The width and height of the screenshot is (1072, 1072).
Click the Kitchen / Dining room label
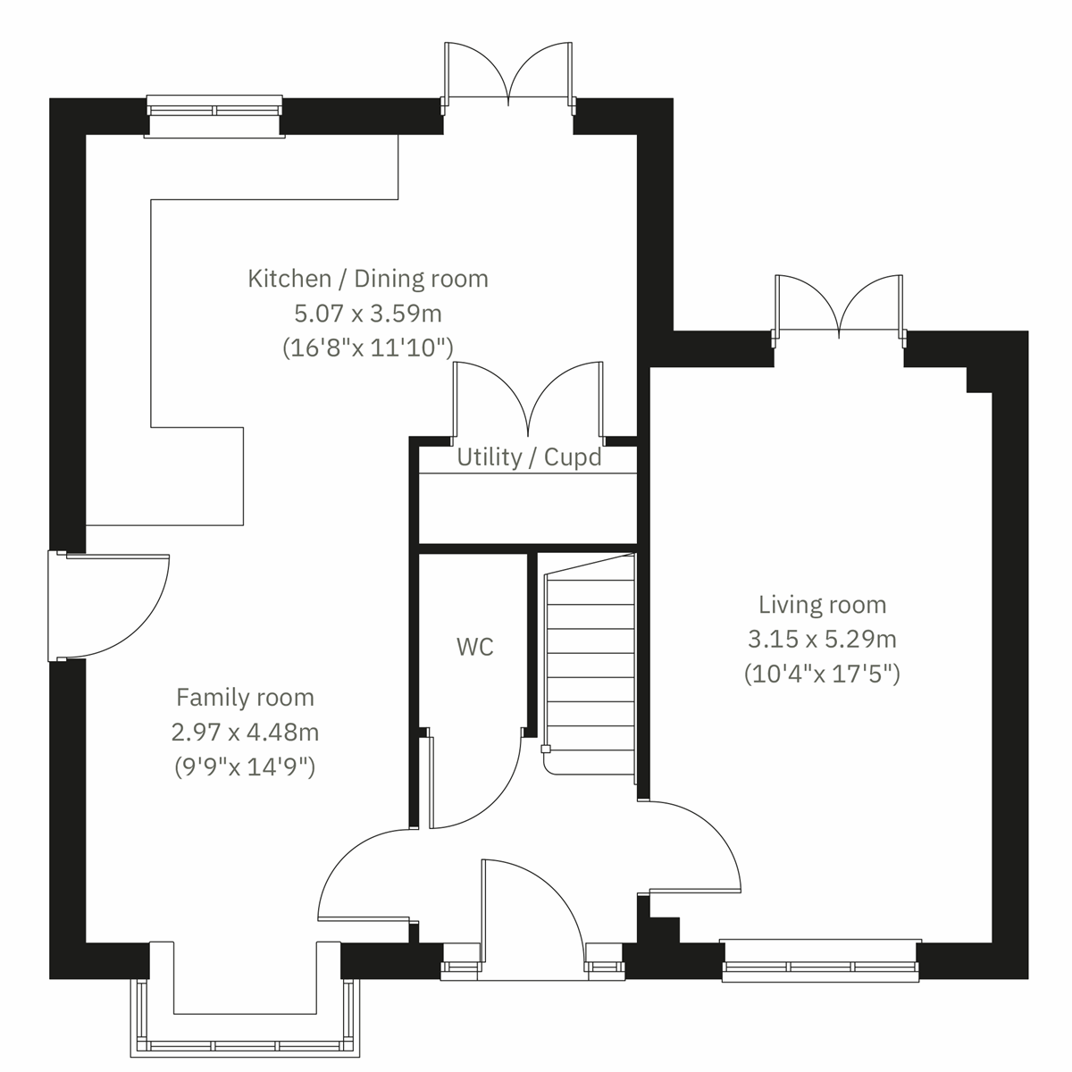368,279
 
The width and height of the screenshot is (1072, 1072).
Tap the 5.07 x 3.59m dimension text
368,314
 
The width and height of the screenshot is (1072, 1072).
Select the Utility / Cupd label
529,457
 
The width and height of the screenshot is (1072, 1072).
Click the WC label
474,647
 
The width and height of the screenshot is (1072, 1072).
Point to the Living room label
822,605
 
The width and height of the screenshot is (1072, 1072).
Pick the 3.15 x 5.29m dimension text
822,640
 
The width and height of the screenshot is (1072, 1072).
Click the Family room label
245,697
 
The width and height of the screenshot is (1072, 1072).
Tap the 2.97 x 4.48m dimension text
245,733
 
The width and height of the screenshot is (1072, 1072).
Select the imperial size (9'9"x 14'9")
245,766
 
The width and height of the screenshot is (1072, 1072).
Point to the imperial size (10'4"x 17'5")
822,674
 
